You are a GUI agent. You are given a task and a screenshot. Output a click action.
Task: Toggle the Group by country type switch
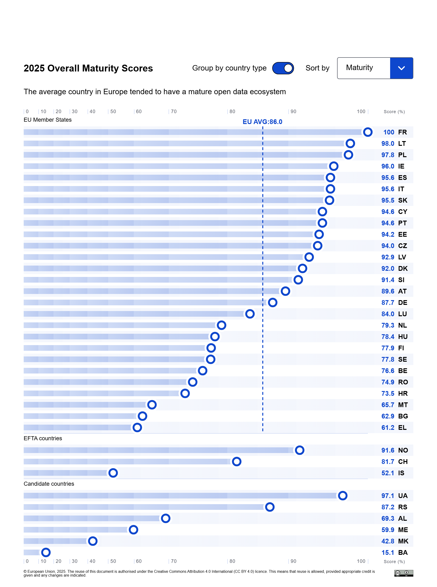tap(283, 68)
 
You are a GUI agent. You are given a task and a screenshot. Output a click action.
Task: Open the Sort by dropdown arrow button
tap(401, 68)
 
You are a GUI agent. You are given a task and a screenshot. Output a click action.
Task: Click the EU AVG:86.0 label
tap(262, 122)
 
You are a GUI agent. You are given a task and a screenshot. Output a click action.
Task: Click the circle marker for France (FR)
tap(367, 132)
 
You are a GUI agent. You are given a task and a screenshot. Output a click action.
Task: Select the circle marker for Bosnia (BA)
tap(46, 552)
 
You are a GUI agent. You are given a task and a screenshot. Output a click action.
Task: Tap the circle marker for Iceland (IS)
tap(113, 473)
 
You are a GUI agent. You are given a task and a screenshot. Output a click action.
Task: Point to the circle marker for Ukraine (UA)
tap(342, 495)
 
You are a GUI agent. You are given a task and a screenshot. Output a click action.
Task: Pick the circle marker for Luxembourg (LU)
tap(250, 314)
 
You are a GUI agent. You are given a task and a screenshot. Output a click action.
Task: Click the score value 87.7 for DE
tap(388, 302)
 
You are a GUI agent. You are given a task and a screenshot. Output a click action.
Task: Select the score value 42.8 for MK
tap(388, 541)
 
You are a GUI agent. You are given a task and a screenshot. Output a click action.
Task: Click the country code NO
tap(403, 450)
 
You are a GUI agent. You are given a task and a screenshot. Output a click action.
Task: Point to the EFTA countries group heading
tap(43, 438)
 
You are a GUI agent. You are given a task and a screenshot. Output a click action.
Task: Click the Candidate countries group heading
tap(49, 484)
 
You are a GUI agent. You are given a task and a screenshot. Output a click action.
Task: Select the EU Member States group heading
tap(48, 120)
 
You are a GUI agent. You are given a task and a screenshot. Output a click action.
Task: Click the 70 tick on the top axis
tap(174, 111)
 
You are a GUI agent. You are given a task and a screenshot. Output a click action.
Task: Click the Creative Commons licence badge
tap(403, 573)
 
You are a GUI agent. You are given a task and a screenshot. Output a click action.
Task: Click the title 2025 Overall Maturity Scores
tap(88, 68)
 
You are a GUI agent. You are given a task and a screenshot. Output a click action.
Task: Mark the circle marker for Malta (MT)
tap(152, 405)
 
